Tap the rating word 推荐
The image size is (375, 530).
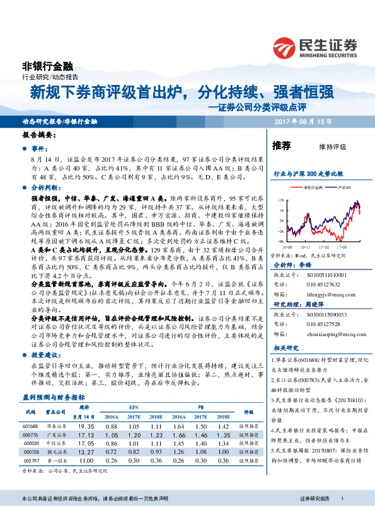point(281,145)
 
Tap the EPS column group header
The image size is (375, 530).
point(134,408)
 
